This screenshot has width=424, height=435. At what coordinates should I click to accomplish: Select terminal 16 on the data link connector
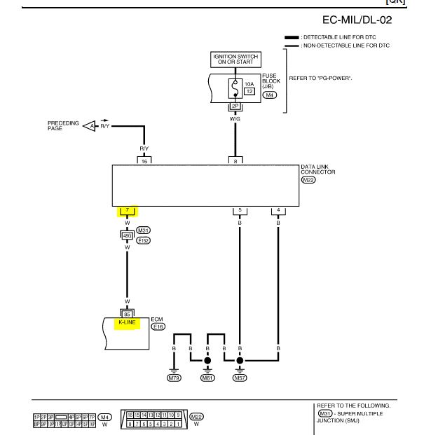(144, 160)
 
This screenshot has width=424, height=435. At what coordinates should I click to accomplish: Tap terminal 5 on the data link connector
(240, 210)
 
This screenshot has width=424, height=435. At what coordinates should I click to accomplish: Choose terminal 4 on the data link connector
(278, 210)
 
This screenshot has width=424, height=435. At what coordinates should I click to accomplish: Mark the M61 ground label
(208, 378)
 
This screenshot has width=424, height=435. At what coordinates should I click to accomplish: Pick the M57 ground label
(240, 378)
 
